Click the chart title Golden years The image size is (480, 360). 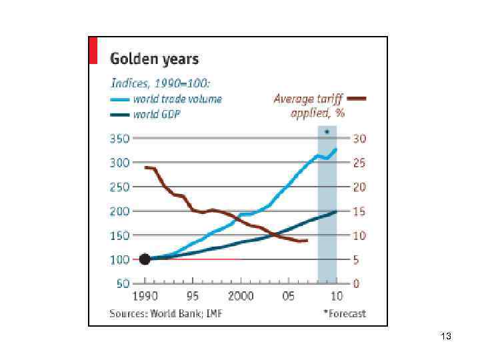point(154,59)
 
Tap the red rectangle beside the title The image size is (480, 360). point(93,51)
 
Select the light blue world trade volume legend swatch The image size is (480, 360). point(120,99)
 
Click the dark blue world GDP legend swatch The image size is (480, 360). point(120,114)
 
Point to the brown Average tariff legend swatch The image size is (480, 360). point(357,99)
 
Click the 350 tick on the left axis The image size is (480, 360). point(120,139)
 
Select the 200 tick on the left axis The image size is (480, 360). point(120,211)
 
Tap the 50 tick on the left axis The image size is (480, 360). point(123,283)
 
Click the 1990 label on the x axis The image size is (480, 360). point(145,297)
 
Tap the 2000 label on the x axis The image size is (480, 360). point(241,297)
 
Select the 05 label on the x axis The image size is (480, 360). point(289,297)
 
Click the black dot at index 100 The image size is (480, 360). point(145,259)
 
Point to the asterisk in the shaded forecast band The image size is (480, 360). point(327,133)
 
